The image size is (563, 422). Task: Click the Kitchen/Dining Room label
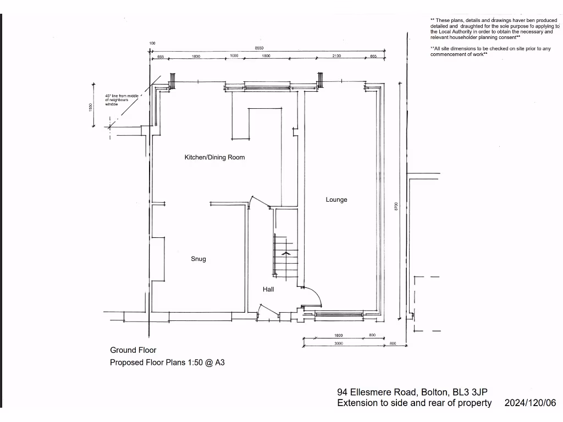pyautogui.click(x=214, y=157)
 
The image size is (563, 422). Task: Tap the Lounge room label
pyautogui.click(x=336, y=199)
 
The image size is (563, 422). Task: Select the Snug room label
pyautogui.click(x=198, y=259)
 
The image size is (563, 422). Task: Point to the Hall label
pyautogui.click(x=268, y=289)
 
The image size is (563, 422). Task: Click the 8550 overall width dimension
pyautogui.click(x=259, y=48)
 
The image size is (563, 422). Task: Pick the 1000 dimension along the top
pyautogui.click(x=234, y=56)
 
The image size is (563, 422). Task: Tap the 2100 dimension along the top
pyautogui.click(x=337, y=56)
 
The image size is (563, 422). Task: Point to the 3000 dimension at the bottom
pyautogui.click(x=338, y=343)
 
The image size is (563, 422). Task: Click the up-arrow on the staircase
pyautogui.click(x=285, y=253)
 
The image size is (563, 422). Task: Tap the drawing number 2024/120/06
pyautogui.click(x=530, y=403)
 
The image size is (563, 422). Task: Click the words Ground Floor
pyautogui.click(x=133, y=350)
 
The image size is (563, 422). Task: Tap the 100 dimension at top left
pyautogui.click(x=152, y=43)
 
